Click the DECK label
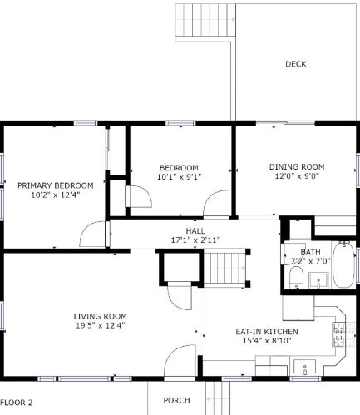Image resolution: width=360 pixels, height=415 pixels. click(x=296, y=64)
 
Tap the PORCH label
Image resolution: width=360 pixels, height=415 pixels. click(x=176, y=400)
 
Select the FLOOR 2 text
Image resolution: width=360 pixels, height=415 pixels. click(x=17, y=403)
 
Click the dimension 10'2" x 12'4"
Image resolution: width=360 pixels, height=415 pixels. click(x=56, y=195)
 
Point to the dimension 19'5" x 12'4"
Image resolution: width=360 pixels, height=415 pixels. click(x=101, y=325)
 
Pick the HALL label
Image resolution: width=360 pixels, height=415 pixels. click(x=195, y=230)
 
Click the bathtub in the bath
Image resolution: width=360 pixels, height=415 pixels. click(x=343, y=264)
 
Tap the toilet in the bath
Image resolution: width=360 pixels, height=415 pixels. click(x=296, y=277)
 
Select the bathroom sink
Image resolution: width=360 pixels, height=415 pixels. click(x=318, y=280)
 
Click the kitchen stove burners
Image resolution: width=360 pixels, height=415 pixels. click(x=339, y=335)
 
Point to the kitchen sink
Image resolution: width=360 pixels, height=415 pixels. click(x=304, y=367)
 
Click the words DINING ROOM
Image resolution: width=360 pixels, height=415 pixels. click(x=297, y=167)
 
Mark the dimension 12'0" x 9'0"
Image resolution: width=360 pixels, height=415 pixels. click(x=297, y=176)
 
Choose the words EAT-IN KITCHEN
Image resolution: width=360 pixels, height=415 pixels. click(x=267, y=332)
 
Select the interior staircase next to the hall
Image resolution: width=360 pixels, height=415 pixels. click(x=224, y=267)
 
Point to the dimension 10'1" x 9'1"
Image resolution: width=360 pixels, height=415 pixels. click(x=179, y=177)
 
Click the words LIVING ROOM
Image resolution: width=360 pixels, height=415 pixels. click(x=101, y=316)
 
